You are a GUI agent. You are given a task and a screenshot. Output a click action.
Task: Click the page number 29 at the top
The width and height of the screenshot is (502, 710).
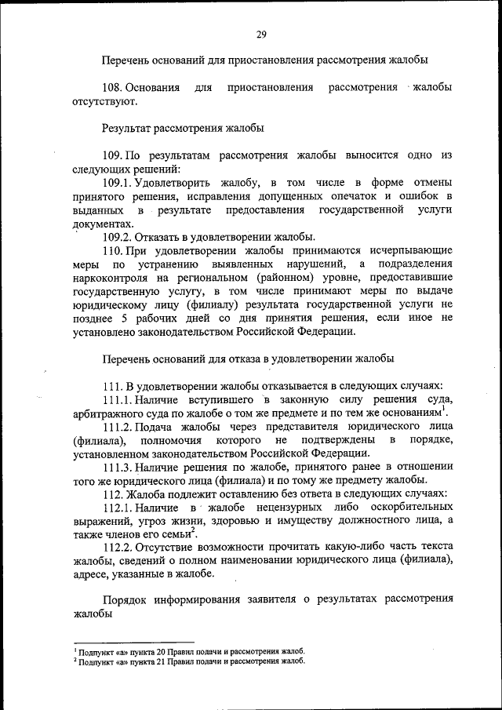[261, 34]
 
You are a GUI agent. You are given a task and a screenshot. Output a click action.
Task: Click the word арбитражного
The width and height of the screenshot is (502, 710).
[107, 413]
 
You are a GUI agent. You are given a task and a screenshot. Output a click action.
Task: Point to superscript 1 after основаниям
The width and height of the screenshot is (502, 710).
[444, 409]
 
